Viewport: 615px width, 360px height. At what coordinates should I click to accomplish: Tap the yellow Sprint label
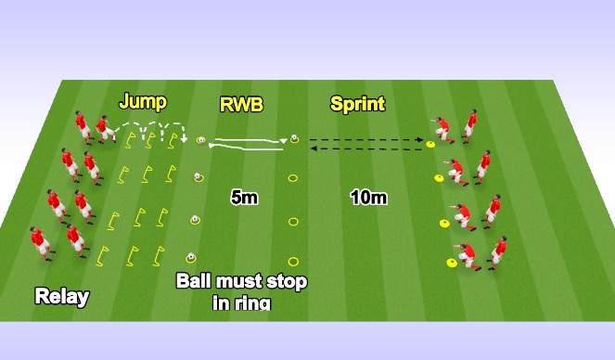[x=357, y=104]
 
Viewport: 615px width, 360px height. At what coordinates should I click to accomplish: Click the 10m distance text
[x=368, y=197]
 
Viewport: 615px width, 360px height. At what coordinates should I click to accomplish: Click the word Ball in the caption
[x=198, y=281]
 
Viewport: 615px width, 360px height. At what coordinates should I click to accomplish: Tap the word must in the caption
[x=244, y=281]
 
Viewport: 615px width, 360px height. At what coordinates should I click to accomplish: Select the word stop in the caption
[x=288, y=281]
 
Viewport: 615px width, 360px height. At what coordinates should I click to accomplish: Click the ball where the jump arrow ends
[x=200, y=141]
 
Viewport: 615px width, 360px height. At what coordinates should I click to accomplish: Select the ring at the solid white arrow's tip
[x=293, y=140]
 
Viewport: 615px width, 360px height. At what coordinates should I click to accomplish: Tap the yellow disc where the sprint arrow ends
[x=430, y=143]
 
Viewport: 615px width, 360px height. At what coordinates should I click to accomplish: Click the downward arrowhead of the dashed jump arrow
[x=186, y=140]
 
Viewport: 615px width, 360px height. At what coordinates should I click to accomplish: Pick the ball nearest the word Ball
[x=190, y=257]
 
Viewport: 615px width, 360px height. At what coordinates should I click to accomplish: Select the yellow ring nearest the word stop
[x=293, y=261]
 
